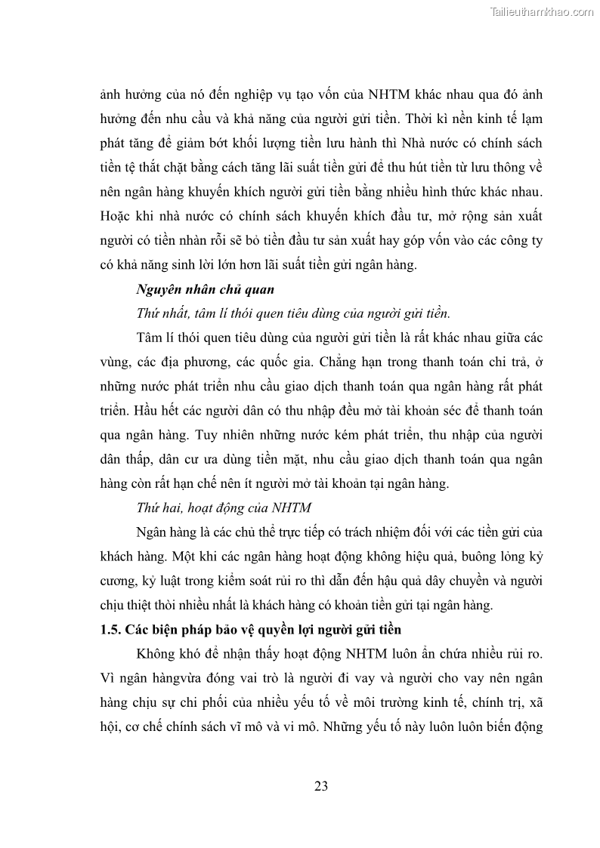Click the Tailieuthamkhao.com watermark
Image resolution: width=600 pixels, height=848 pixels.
pos(542,11)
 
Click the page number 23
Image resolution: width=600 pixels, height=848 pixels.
pos(321,785)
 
